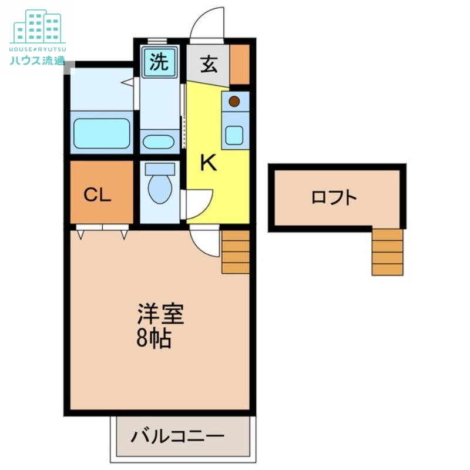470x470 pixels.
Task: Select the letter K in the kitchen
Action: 208,163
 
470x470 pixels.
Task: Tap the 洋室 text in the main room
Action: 160,314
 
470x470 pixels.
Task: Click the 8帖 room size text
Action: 154,339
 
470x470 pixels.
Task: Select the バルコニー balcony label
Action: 177,437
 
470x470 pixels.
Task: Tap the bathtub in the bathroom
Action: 102,133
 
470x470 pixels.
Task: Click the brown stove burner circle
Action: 234,101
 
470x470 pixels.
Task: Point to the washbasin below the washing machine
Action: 159,142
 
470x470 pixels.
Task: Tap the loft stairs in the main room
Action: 235,251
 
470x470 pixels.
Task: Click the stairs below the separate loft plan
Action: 387,252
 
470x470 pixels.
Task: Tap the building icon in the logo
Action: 38,26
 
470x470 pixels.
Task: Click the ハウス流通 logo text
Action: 38,60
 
